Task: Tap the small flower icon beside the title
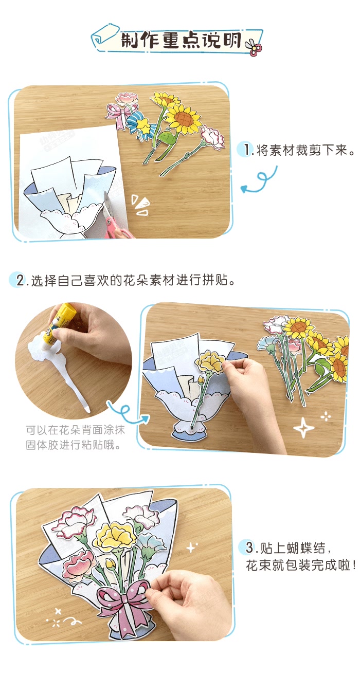pyautogui.click(x=254, y=47)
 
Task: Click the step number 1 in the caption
pyautogui.click(x=248, y=150)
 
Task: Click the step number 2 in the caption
pyautogui.click(x=21, y=281)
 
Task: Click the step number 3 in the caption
pyautogui.click(x=249, y=546)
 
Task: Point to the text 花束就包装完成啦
pyautogui.click(x=300, y=566)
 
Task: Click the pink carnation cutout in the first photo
pyautogui.click(x=211, y=138)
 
